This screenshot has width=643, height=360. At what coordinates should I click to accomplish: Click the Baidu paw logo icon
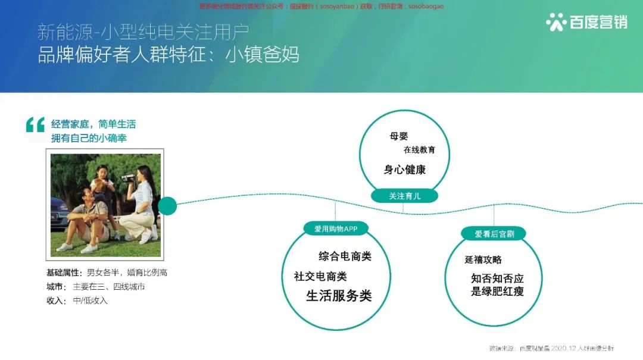[556, 21]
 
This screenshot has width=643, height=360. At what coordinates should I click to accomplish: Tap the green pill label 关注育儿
[404, 196]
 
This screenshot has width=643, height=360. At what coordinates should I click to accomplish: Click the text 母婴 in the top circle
[399, 136]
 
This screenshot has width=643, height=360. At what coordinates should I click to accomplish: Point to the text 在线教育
[419, 150]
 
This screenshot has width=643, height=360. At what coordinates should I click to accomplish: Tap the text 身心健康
[405, 170]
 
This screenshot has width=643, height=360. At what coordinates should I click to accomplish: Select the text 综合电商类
[345, 256]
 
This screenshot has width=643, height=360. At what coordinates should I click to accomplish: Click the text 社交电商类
[320, 276]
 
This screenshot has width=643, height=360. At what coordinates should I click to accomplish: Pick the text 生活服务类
[339, 296]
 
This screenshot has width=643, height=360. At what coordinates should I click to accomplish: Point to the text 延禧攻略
[483, 259]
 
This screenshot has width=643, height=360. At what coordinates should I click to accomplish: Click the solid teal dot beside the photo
[167, 206]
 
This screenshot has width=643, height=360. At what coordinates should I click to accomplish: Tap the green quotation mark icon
[35, 124]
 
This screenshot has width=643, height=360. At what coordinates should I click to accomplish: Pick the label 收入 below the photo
[56, 300]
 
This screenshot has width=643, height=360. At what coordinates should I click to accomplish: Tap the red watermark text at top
[321, 6]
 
